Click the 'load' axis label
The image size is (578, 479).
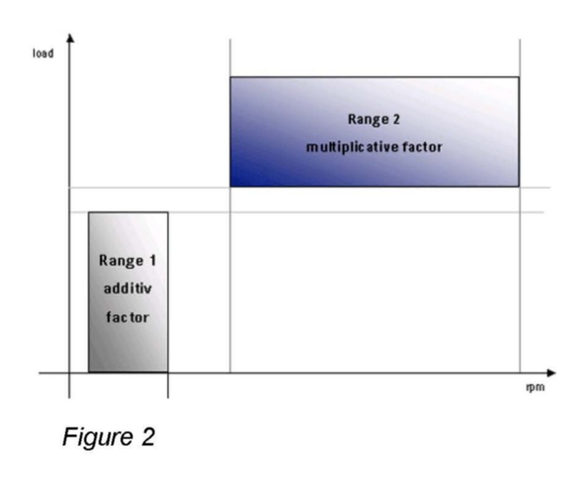pos(43,54)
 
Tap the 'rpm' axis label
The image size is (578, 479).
pos(534,387)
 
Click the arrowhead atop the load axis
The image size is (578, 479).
pos(70,38)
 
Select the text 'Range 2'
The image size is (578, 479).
pos(373,119)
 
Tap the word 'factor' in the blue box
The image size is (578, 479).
pos(422,147)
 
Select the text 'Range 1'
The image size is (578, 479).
pos(127,260)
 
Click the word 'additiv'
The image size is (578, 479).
pos(127,288)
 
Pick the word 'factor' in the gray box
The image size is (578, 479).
pos(127,316)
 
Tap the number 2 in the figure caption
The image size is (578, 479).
pos(147,437)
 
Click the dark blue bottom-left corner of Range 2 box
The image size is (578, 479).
pos(231,185)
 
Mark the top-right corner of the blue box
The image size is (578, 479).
pos(518,77)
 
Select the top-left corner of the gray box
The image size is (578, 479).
pos(89,212)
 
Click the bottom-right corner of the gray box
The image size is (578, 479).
pos(167,372)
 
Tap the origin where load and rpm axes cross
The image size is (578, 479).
pos(69,372)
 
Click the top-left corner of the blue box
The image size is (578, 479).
pos(230,77)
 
